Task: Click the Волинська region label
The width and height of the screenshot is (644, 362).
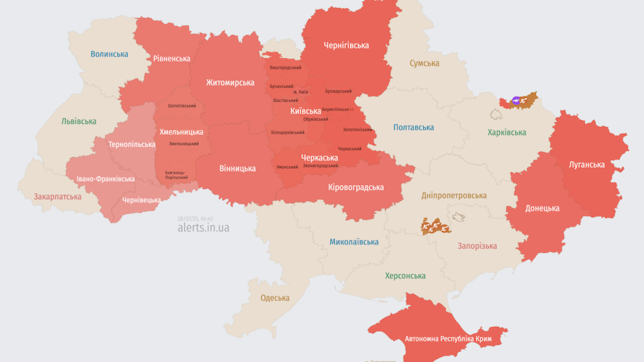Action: tap(109, 54)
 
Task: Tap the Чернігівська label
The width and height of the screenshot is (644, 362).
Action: tap(346, 45)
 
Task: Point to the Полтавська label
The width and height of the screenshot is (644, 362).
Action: tap(414, 128)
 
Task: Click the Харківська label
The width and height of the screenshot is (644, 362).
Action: tap(507, 133)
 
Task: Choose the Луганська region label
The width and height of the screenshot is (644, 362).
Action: tap(587, 164)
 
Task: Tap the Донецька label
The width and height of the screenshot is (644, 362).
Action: tap(542, 208)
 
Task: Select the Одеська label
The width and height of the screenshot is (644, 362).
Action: tap(275, 298)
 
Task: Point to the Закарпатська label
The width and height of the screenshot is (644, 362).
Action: tap(57, 197)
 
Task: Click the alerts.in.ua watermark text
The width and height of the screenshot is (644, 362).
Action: tap(203, 228)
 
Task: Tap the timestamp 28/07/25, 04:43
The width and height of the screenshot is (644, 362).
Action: tap(195, 219)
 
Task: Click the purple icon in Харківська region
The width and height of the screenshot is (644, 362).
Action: tap(516, 101)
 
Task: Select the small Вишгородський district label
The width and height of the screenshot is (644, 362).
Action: tap(285, 67)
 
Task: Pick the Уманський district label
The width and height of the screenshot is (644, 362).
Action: tap(287, 167)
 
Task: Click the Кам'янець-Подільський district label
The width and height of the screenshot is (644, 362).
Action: tap(177, 175)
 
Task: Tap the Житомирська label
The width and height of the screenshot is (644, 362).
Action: tap(230, 82)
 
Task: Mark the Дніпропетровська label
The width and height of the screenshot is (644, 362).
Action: tap(454, 196)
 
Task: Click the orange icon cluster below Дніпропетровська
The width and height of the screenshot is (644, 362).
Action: tap(436, 227)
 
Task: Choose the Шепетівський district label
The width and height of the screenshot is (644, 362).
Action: tap(182, 106)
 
